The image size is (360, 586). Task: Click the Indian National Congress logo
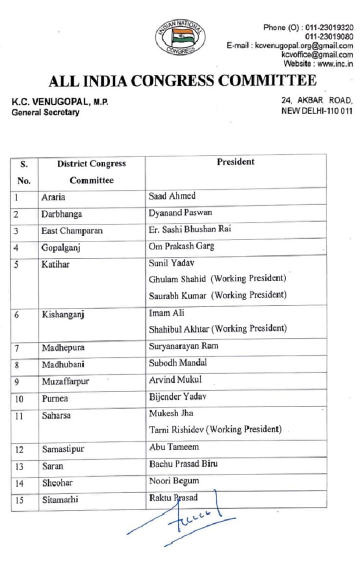tap(180, 37)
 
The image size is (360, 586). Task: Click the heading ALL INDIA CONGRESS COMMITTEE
tap(182, 80)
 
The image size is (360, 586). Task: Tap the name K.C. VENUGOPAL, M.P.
tap(60, 102)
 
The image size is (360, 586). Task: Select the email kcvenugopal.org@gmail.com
tap(304, 45)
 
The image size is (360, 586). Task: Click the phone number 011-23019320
tap(329, 27)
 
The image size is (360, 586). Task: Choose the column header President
tap(235, 162)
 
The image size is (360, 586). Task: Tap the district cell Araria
tap(53, 197)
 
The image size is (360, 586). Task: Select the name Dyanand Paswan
tap(180, 212)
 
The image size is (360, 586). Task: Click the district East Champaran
tap(72, 230)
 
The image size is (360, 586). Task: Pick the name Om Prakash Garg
tap(181, 246)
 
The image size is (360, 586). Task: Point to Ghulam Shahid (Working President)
tap(217, 278)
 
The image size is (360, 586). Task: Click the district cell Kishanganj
tap(63, 314)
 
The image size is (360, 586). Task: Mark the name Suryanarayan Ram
tap(183, 346)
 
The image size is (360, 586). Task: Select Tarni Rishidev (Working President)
tap(215, 429)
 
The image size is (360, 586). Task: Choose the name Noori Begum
tap(174, 481)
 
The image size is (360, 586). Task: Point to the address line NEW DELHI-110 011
tap(317, 110)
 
